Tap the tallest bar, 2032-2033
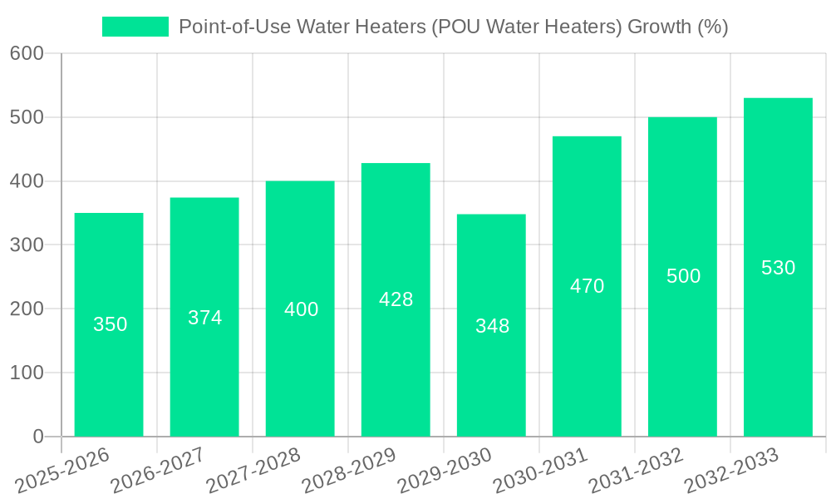click(778, 349)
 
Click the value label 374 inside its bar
click(205, 318)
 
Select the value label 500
click(683, 276)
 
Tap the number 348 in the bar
click(492, 326)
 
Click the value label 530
click(778, 268)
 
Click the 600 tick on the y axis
click(27, 53)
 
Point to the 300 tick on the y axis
click(27, 245)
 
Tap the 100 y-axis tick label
click(27, 373)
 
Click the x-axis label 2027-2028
click(253, 471)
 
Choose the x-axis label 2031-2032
click(635, 471)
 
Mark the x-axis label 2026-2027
click(157, 471)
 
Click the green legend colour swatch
click(135, 27)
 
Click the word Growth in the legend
click(657, 27)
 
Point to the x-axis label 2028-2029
click(348, 471)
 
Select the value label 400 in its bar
click(301, 309)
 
